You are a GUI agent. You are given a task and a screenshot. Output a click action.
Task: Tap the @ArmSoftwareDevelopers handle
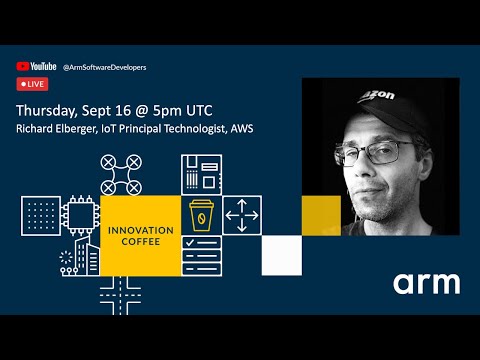[104, 67]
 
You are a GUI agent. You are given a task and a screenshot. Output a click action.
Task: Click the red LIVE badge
[32, 84]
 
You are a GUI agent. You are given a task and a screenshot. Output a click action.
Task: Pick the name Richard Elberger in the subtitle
[59, 129]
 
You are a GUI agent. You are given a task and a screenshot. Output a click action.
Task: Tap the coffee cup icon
[200, 215]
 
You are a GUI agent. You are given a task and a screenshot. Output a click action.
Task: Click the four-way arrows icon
[241, 214]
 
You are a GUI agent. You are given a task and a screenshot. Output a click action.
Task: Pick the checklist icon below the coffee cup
[200, 254]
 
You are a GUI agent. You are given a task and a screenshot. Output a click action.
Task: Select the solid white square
[281, 255]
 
